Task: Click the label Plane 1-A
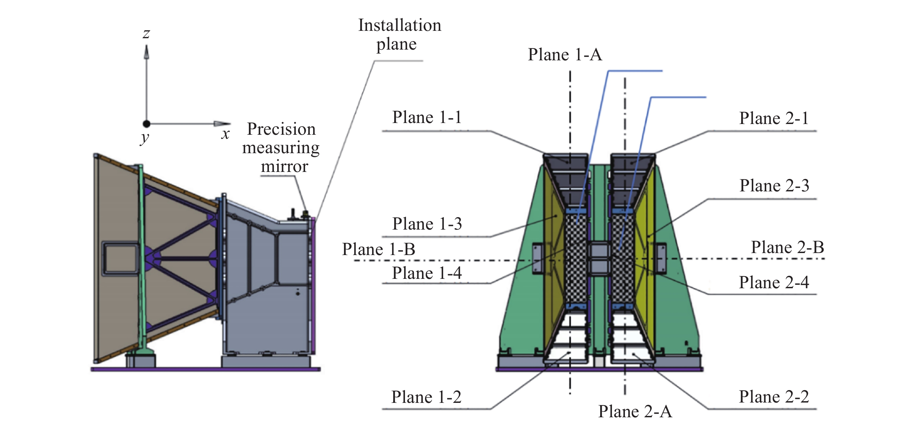(x=565, y=55)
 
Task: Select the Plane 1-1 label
(x=427, y=117)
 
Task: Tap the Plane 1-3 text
(x=427, y=224)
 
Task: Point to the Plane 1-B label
(x=378, y=249)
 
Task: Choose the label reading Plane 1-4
(x=427, y=273)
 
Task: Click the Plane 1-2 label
(x=426, y=397)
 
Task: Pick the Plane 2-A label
(x=635, y=411)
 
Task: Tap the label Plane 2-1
(x=774, y=118)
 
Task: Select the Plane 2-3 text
(x=774, y=186)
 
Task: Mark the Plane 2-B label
(x=787, y=247)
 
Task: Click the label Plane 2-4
(x=774, y=283)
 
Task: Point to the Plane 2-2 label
(x=774, y=396)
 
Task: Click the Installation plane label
(x=400, y=35)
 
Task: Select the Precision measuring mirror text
(x=281, y=148)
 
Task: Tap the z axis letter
(x=146, y=34)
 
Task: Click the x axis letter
(x=225, y=134)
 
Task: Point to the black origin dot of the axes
(x=146, y=124)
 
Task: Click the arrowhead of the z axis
(x=146, y=52)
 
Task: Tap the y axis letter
(x=144, y=138)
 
